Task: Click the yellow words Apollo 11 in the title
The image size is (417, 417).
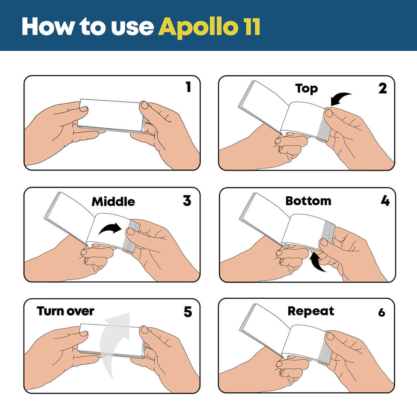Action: pyautogui.click(x=209, y=27)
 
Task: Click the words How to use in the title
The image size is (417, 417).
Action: pyautogui.click(x=88, y=27)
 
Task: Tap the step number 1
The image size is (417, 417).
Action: pyautogui.click(x=188, y=87)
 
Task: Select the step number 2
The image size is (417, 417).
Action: pyautogui.click(x=382, y=88)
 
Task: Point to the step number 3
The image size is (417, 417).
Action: pyautogui.click(x=187, y=201)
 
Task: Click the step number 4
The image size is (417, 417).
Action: pyautogui.click(x=384, y=201)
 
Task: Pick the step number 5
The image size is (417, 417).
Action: pyautogui.click(x=187, y=312)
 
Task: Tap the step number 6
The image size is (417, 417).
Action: pyautogui.click(x=382, y=312)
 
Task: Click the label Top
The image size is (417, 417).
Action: pyautogui.click(x=306, y=89)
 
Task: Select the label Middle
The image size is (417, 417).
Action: pyautogui.click(x=113, y=202)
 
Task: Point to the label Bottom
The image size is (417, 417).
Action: pyautogui.click(x=308, y=201)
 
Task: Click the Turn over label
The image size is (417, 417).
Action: pyautogui.click(x=66, y=311)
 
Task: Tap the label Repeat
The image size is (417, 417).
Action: pyautogui.click(x=311, y=311)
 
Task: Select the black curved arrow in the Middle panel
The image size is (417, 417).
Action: pyautogui.click(x=110, y=229)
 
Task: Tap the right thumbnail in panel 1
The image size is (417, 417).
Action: pyautogui.click(x=145, y=105)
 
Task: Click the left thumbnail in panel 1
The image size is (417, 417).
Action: pyautogui.click(x=83, y=109)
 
